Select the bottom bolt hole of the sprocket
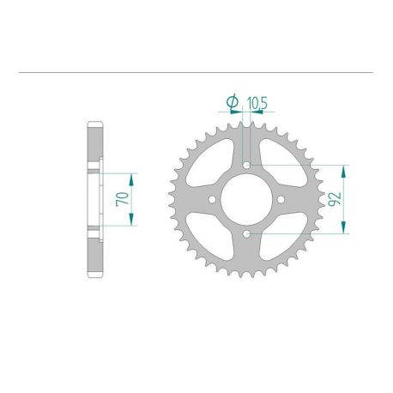(246, 233)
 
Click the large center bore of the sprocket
(246, 200)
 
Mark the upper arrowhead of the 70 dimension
(131, 175)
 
